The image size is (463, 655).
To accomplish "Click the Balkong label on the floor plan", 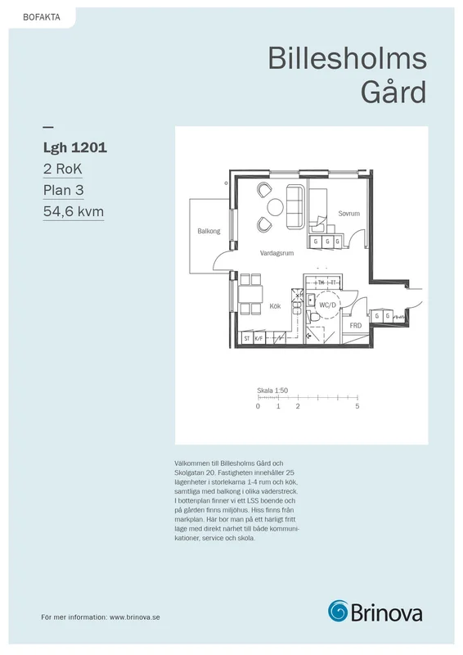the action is tap(209, 231).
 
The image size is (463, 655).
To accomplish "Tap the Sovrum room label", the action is tap(348, 214).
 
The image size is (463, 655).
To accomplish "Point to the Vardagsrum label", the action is tap(276, 253).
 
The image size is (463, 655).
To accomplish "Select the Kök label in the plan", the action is tap(275, 306).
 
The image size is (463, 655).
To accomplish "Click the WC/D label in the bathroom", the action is tap(328, 305).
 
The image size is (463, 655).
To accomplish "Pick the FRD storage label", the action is tap(356, 325).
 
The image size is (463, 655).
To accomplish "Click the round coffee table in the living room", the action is tap(275, 207).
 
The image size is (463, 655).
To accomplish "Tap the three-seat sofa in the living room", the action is tap(294, 207).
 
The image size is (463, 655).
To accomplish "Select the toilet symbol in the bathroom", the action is tap(313, 318).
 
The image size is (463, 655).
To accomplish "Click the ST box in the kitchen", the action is tap(247, 338).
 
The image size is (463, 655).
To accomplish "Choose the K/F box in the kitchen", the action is tap(258, 338).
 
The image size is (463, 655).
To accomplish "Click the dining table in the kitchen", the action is tap(250, 294).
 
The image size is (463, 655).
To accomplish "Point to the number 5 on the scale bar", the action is tap(357, 406).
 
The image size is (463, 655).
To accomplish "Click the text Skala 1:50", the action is tap(272, 391).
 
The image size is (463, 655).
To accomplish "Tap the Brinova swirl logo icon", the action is tap(338, 611).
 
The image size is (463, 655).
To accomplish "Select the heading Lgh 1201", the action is tap(75, 147).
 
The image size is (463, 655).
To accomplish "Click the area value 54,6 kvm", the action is tap(74, 211).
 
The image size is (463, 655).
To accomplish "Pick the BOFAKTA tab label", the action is tap(42, 17).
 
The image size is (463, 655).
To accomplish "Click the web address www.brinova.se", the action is tap(135, 617).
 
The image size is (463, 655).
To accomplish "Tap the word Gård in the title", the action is tap(393, 93).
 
